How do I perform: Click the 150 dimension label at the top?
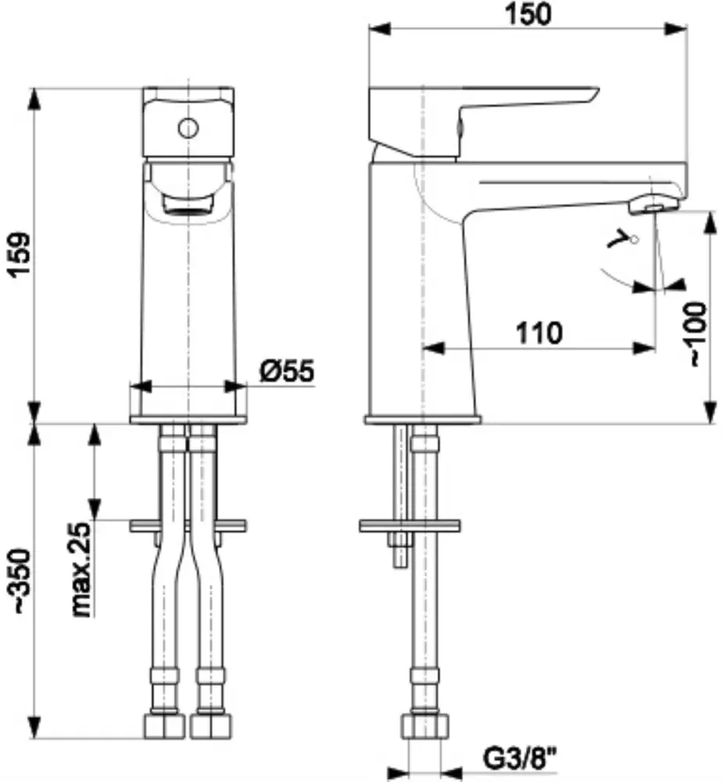[x=528, y=14]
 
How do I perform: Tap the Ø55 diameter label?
[x=287, y=371]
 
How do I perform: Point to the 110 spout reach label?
[x=539, y=332]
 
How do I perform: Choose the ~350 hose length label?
[x=22, y=581]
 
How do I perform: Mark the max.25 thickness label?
[x=81, y=569]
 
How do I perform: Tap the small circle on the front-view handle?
[x=188, y=128]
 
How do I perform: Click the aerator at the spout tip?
[x=653, y=205]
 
